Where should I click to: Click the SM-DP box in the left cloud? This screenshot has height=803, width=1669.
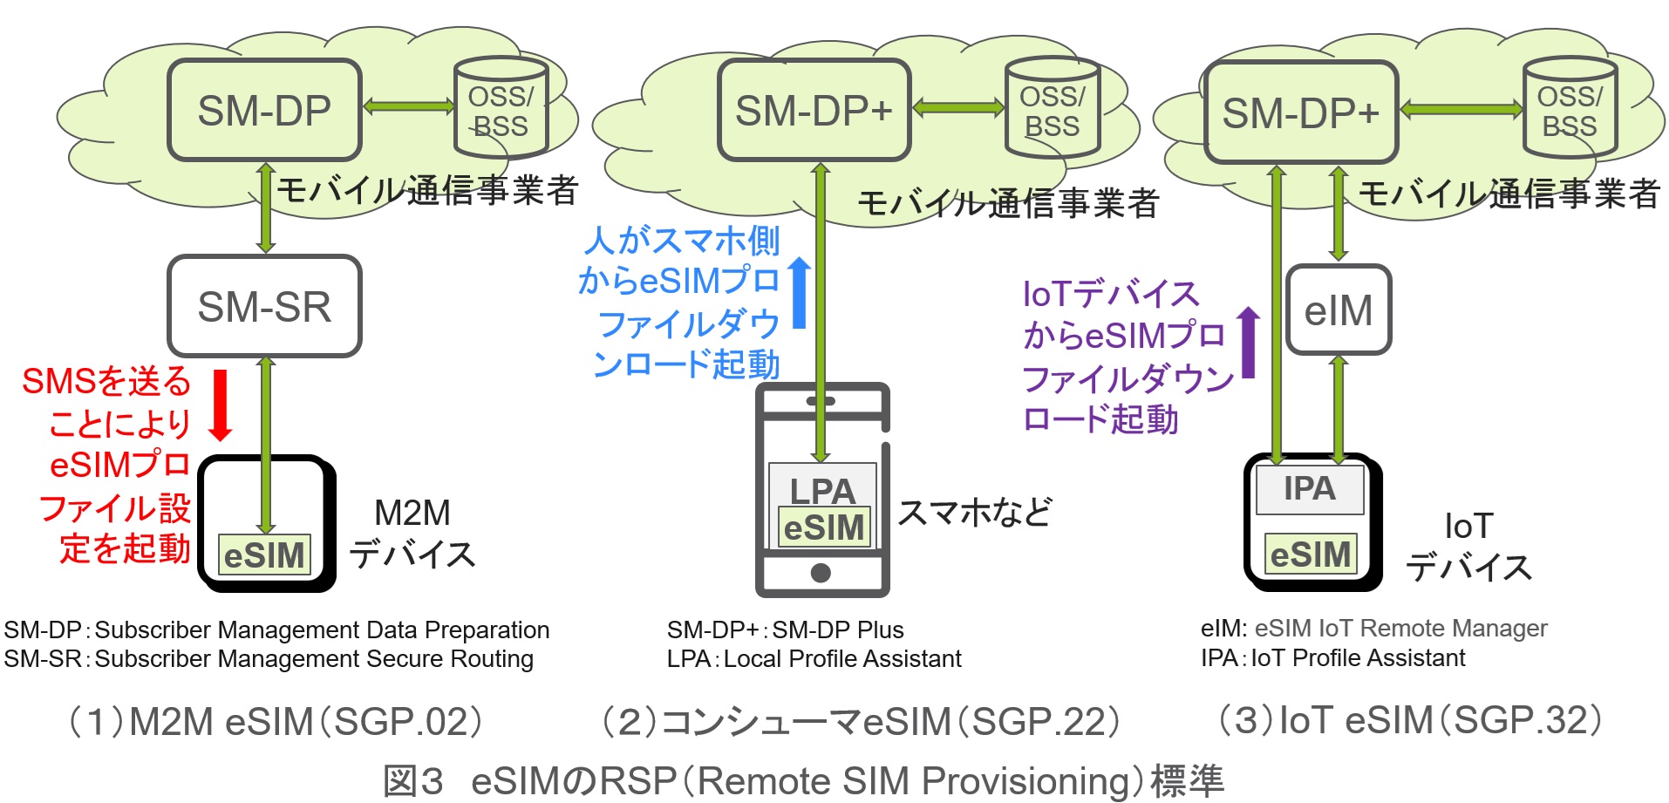pyautogui.click(x=264, y=110)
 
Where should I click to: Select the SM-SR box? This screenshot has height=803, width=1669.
pyautogui.click(x=264, y=306)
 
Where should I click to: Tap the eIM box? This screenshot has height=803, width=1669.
pyautogui.click(x=1339, y=310)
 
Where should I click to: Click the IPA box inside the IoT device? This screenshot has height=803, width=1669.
pyautogui.click(x=1309, y=489)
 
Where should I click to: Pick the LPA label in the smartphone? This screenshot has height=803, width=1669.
pyautogui.click(x=821, y=490)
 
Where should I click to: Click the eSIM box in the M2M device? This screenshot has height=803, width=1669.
pyautogui.click(x=264, y=555)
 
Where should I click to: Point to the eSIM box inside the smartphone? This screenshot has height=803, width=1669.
pyautogui.click(x=823, y=528)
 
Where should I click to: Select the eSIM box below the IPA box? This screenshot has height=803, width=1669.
pyautogui.click(x=1311, y=555)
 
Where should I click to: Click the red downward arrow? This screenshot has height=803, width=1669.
pyautogui.click(x=221, y=405)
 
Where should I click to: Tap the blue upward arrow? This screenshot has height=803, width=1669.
pyautogui.click(x=799, y=293)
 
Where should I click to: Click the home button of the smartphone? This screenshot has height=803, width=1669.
pyautogui.click(x=821, y=573)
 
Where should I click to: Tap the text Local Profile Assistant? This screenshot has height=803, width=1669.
pyautogui.click(x=842, y=659)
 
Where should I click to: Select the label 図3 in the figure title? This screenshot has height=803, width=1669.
pyautogui.click(x=414, y=781)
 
